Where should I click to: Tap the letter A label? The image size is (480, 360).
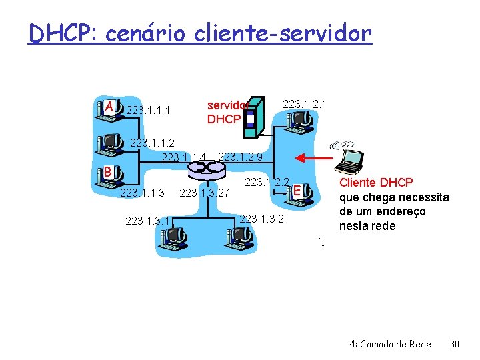click(x=109, y=107)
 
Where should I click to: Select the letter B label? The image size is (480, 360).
click(x=107, y=172)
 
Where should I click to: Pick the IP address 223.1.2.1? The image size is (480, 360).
click(x=305, y=104)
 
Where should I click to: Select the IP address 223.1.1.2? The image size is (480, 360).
click(x=152, y=142)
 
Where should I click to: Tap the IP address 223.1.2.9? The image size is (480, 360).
click(x=240, y=157)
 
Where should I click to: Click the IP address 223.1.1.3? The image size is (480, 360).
click(x=142, y=193)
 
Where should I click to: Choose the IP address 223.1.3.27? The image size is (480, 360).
click(x=205, y=193)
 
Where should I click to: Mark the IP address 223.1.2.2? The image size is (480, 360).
click(x=267, y=182)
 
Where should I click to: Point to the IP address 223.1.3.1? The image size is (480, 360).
click(x=147, y=221)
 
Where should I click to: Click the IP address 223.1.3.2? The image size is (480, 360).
click(x=261, y=219)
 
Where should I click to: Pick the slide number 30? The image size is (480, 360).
click(x=455, y=344)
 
